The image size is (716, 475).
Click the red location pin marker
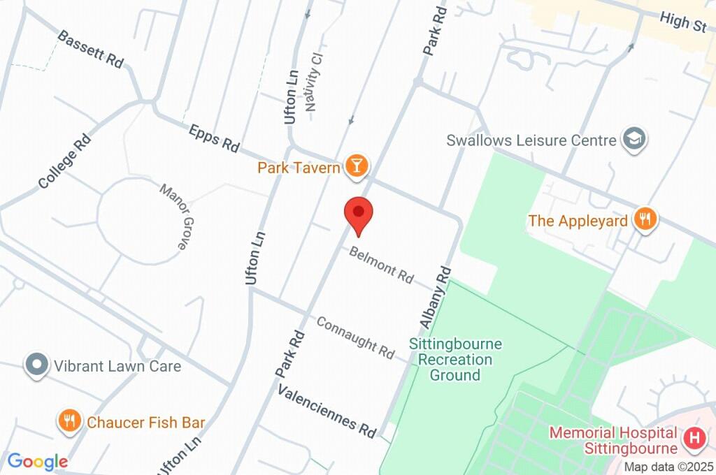point(359,214)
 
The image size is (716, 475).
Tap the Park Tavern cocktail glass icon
point(357,166)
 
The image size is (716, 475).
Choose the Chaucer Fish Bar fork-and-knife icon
point(69,421)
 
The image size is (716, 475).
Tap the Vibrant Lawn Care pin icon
point(36,365)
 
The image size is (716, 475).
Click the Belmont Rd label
point(382,264)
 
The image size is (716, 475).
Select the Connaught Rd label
point(355,335)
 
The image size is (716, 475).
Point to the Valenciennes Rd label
point(327,408)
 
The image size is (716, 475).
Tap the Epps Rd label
point(214,137)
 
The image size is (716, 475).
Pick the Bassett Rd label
point(90,48)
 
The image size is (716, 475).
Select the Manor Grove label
point(173,217)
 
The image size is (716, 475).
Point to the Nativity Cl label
point(316,82)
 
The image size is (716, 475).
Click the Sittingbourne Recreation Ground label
point(455,360)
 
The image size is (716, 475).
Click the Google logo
point(38,461)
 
